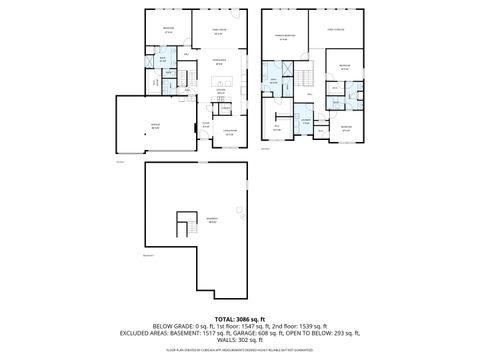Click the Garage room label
pyautogui.click(x=155, y=125)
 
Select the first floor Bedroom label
pyautogui.click(x=168, y=29)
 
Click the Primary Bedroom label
pyautogui.click(x=284, y=36)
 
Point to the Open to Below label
pyautogui.click(x=337, y=31)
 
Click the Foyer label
pyautogui.click(x=205, y=123)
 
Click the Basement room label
pyautogui.click(x=211, y=220)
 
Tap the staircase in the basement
pyautogui.click(x=184, y=225)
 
